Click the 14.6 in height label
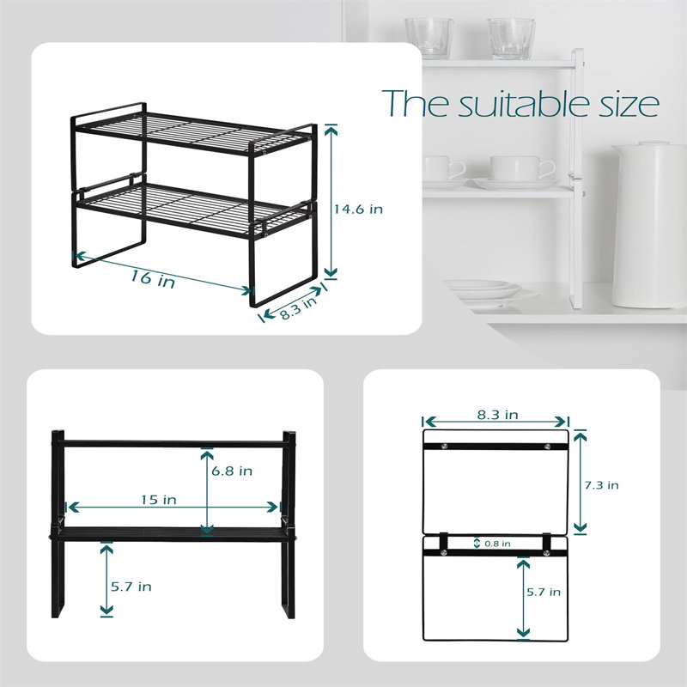(358, 210)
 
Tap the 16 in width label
(153, 278)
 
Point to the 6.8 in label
(232, 471)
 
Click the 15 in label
(159, 500)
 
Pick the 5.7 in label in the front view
(131, 587)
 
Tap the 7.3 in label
(602, 485)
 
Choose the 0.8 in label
(497, 544)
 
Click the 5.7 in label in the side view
(544, 593)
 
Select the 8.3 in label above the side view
(498, 415)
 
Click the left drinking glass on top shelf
(429, 38)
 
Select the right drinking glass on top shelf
(511, 39)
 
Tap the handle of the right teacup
(548, 168)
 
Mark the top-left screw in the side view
(445, 447)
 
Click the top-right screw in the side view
(547, 447)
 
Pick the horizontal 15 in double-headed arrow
(173, 508)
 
